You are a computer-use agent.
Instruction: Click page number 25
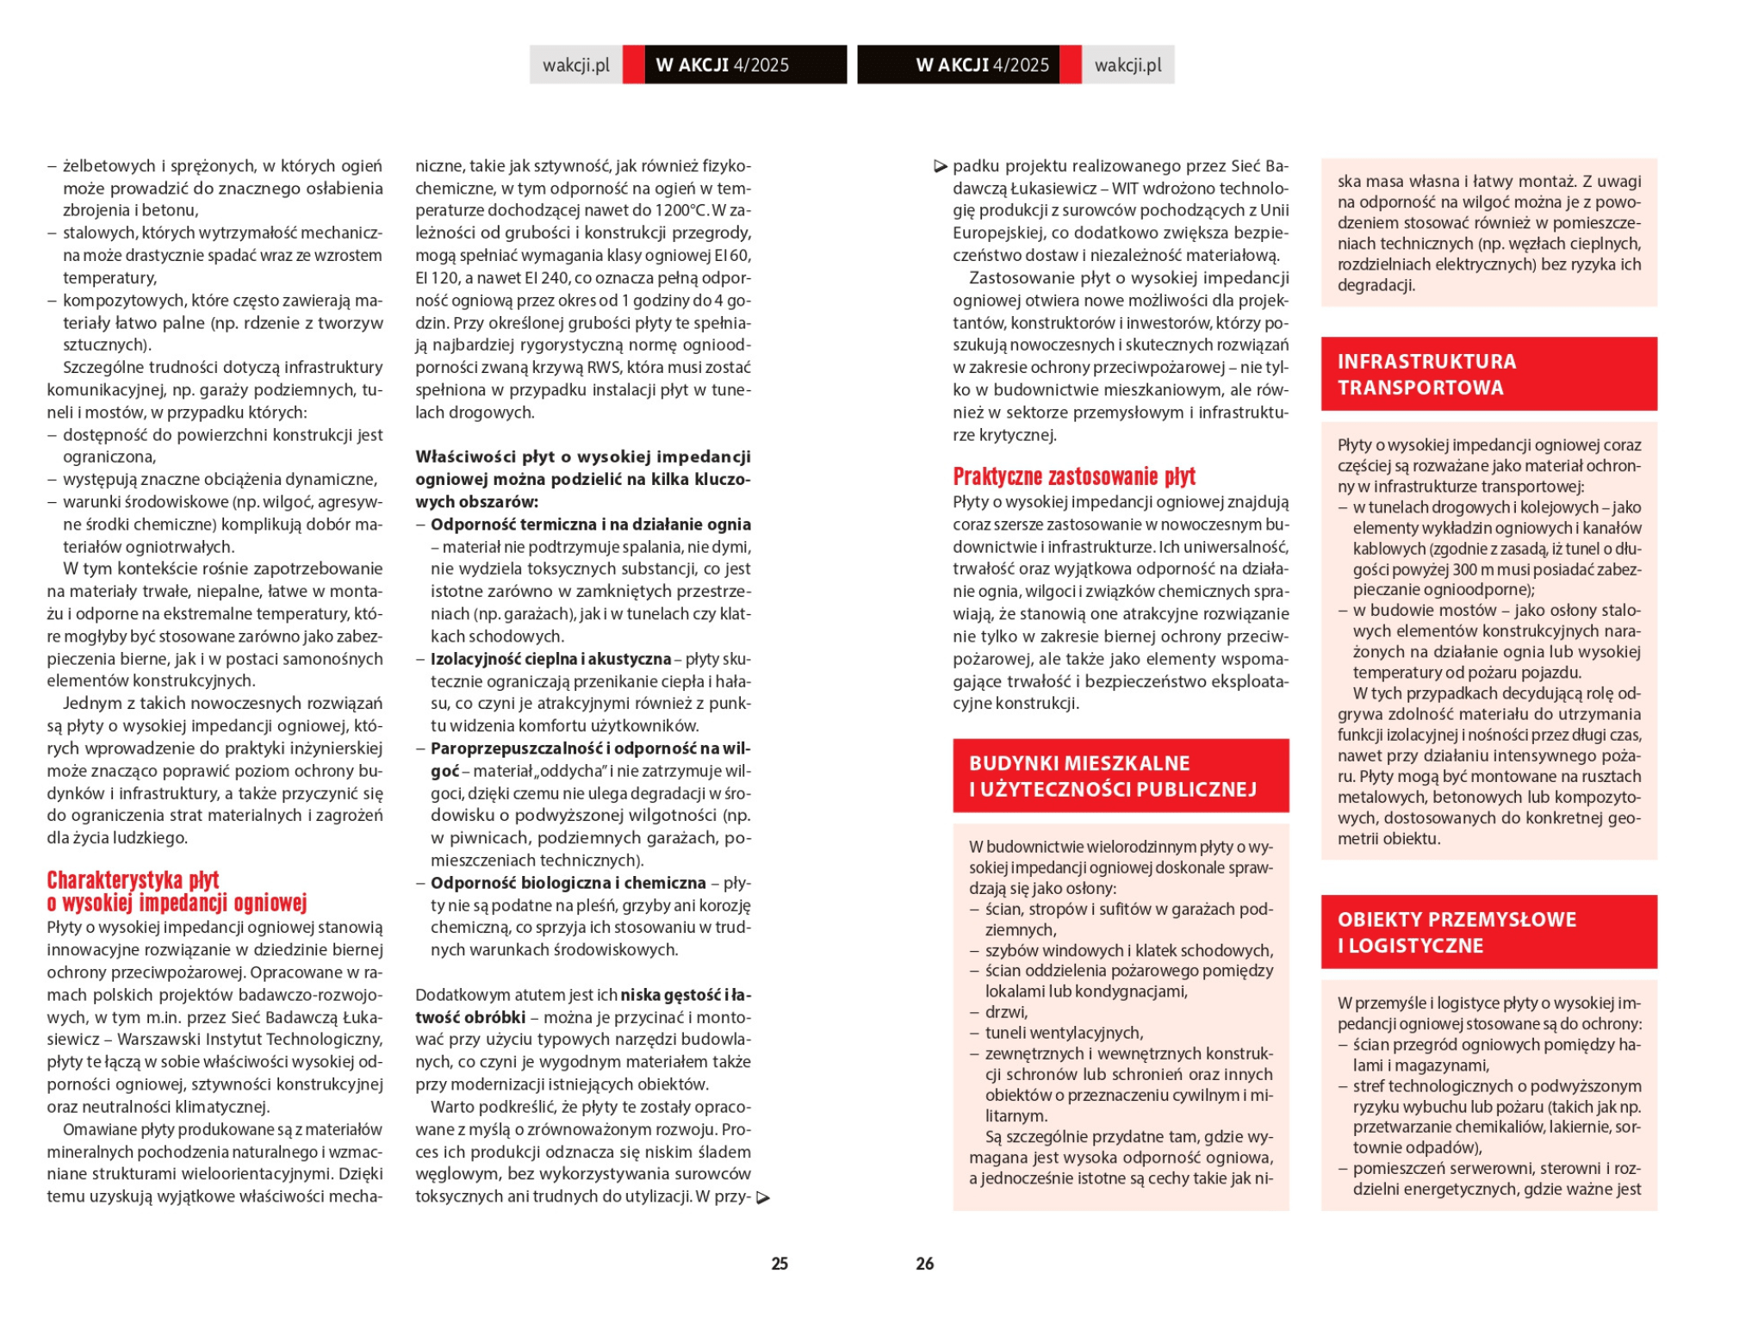click(x=779, y=1263)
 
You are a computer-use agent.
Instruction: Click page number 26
click(x=924, y=1263)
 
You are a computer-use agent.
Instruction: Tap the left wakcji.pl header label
click(x=575, y=65)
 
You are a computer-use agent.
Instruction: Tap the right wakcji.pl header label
click(x=1127, y=65)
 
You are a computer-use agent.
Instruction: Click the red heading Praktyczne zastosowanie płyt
click(x=1073, y=476)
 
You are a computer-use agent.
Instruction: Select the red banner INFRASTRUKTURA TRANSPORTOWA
click(x=1488, y=374)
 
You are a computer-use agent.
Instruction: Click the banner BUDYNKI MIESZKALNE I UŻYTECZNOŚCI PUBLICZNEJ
click(x=1120, y=775)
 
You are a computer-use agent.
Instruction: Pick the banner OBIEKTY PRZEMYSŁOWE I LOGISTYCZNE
click(x=1488, y=931)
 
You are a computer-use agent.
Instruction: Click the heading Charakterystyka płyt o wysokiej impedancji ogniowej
click(x=177, y=891)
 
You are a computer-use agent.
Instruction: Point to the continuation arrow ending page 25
click(x=762, y=1197)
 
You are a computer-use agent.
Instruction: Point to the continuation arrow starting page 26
click(x=941, y=166)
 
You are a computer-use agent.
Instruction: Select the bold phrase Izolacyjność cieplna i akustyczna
click(x=550, y=659)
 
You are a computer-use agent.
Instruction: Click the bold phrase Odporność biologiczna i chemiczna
click(x=568, y=883)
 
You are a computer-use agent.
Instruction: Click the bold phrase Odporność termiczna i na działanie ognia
click(x=590, y=525)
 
